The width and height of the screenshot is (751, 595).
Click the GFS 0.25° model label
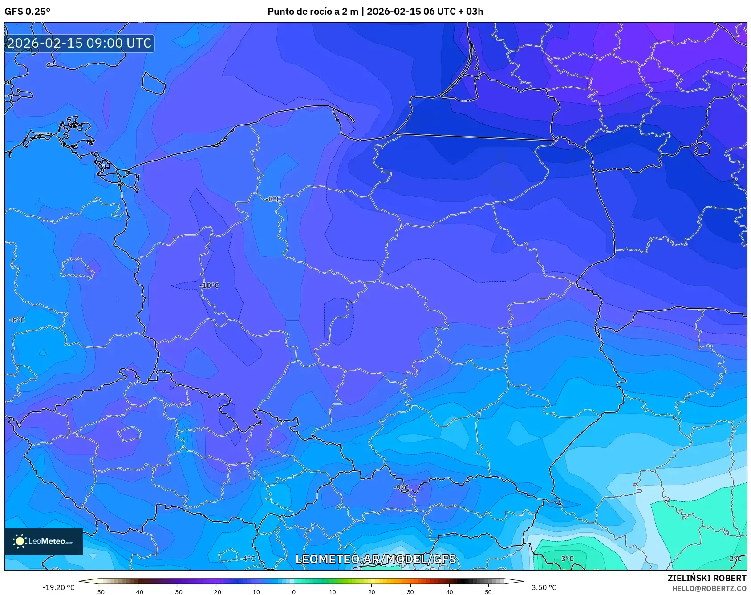(x=27, y=11)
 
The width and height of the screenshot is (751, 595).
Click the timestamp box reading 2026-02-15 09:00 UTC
(x=79, y=43)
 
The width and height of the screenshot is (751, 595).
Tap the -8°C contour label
(x=273, y=199)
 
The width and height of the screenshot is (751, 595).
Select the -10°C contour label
(x=209, y=285)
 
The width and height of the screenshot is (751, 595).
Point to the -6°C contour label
(x=17, y=320)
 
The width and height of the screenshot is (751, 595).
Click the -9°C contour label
(x=401, y=487)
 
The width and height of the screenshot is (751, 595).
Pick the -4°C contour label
(x=248, y=559)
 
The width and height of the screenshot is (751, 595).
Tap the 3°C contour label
(x=567, y=559)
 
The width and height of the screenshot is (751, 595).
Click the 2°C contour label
(x=735, y=559)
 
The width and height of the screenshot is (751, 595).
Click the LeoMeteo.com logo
(x=44, y=541)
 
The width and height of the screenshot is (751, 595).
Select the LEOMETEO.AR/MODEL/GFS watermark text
(x=376, y=559)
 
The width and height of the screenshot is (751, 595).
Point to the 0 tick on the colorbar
(x=294, y=591)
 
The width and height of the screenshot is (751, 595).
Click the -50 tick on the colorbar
(x=99, y=591)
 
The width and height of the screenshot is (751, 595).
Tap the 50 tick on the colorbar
(x=488, y=591)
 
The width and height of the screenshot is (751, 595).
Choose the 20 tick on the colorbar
(x=372, y=591)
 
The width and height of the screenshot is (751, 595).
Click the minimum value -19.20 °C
(x=58, y=587)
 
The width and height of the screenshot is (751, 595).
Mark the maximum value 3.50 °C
(x=544, y=587)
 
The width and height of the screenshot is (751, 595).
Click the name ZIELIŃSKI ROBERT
(x=706, y=578)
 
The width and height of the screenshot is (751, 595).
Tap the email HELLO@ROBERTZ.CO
(x=709, y=588)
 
